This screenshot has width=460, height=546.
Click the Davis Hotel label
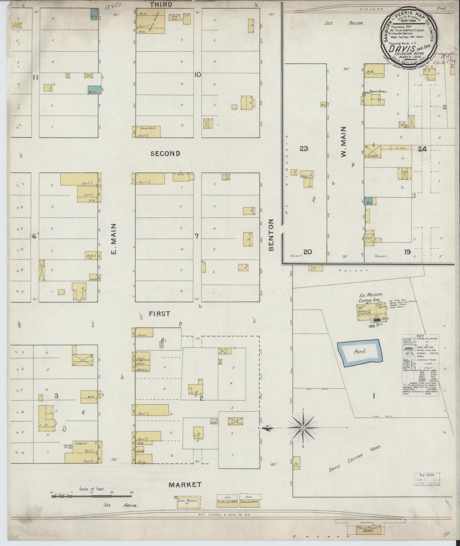point(378,92)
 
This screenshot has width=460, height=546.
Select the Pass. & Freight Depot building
point(369,530)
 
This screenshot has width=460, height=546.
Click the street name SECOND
point(165,154)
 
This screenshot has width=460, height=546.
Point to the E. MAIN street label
point(114,239)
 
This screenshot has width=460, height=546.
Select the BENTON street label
point(271,235)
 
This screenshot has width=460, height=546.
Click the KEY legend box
point(420,365)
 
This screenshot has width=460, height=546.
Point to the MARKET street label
point(185,485)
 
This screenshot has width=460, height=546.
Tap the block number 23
point(304,148)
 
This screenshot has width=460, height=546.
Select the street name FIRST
point(160,314)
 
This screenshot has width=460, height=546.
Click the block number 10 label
point(197,75)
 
